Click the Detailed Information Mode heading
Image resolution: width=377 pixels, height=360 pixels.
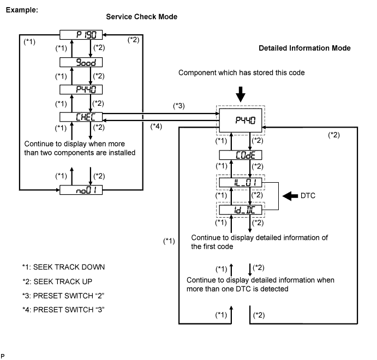pyautogui.click(x=304, y=49)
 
